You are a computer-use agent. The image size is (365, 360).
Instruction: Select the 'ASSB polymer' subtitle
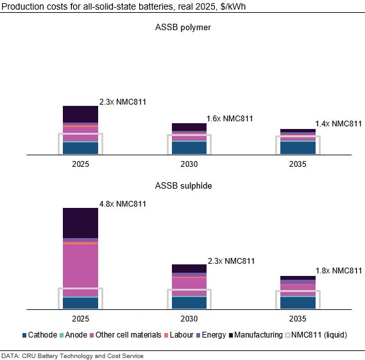(x=183, y=28)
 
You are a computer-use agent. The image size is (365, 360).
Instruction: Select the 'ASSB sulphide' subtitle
(x=183, y=186)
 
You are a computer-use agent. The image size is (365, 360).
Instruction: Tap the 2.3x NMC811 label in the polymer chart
(x=123, y=102)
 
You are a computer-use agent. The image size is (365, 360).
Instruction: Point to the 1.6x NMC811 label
(x=230, y=119)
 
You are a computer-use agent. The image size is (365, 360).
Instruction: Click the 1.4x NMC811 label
(x=339, y=124)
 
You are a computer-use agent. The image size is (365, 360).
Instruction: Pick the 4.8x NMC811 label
(x=123, y=204)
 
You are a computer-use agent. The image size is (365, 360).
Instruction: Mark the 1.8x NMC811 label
(x=339, y=271)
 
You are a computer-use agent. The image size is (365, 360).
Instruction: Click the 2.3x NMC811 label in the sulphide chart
(x=231, y=261)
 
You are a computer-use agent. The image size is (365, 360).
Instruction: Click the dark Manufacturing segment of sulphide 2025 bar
(x=80, y=223)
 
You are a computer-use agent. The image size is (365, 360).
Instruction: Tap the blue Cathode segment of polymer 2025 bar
(x=80, y=148)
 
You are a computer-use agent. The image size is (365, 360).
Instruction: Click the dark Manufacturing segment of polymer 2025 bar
(x=80, y=114)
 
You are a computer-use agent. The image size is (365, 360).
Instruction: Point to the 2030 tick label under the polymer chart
(x=189, y=165)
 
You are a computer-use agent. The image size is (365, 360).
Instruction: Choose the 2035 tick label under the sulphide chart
(x=298, y=319)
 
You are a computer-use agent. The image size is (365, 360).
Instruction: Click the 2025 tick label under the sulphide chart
(x=80, y=319)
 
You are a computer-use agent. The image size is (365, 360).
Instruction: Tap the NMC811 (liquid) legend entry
(x=318, y=335)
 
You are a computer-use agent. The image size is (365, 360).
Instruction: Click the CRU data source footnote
(x=72, y=356)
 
